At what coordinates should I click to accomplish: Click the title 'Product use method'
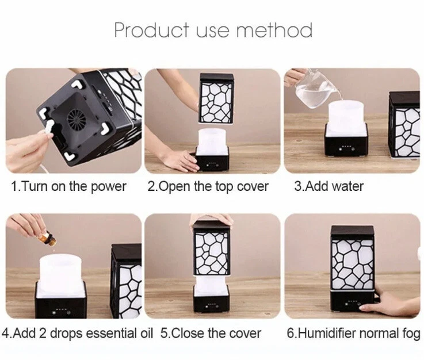(x=212, y=29)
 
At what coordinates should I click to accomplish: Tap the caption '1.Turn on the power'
(x=69, y=187)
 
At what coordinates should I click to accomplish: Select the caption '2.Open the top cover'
(x=208, y=187)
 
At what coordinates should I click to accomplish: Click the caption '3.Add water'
(x=329, y=187)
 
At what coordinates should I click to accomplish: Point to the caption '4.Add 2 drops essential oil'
(x=78, y=333)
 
